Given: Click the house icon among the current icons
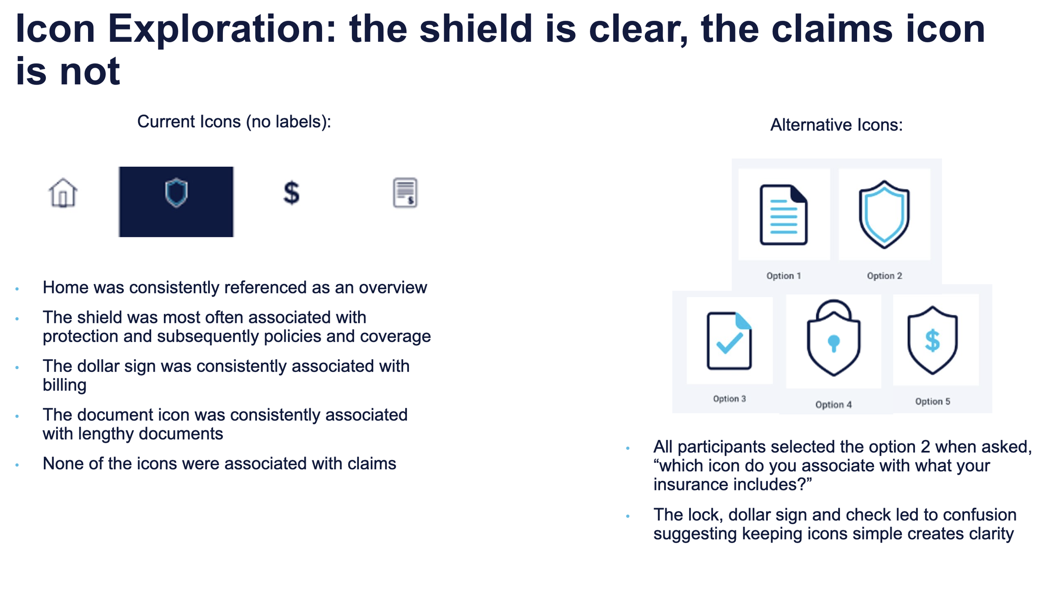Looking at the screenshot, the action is click(63, 193).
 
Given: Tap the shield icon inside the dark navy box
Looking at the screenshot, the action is click(176, 193).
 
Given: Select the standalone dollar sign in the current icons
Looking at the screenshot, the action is click(291, 193).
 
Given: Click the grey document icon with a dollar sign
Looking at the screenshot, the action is click(405, 193).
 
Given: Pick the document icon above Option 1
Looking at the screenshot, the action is click(783, 215).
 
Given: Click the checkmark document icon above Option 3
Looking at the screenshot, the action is click(729, 341).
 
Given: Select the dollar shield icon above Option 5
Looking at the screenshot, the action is click(933, 340).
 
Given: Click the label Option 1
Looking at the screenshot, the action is click(783, 276).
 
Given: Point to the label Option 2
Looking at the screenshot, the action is click(885, 276).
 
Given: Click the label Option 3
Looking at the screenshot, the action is click(730, 399).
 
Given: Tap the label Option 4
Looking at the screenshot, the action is click(834, 405).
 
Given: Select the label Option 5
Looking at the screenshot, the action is click(933, 401).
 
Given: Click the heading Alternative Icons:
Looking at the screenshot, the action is click(837, 125).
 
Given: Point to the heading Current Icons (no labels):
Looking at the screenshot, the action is click(234, 122).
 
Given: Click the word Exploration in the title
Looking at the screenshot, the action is click(222, 29).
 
